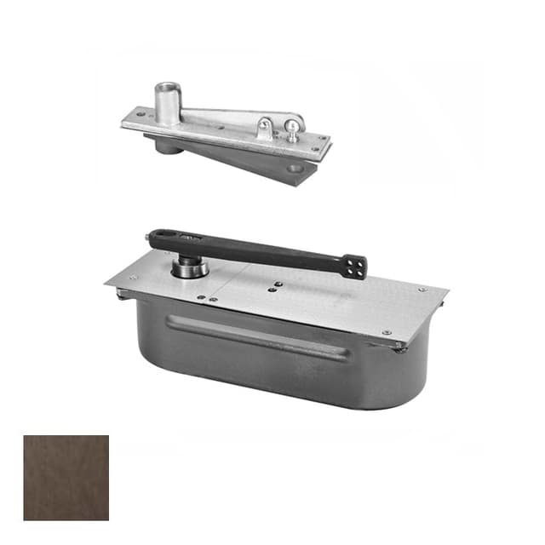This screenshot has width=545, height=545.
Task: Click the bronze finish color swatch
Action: tap(66, 477)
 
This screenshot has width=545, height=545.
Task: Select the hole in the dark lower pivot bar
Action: tap(295, 169)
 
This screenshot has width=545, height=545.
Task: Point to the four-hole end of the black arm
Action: tap(355, 267)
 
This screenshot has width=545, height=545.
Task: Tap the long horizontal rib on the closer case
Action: tap(255, 336)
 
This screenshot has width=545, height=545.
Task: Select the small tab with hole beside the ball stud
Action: tap(265, 127)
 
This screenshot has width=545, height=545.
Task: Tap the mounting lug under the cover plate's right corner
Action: tap(399, 347)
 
